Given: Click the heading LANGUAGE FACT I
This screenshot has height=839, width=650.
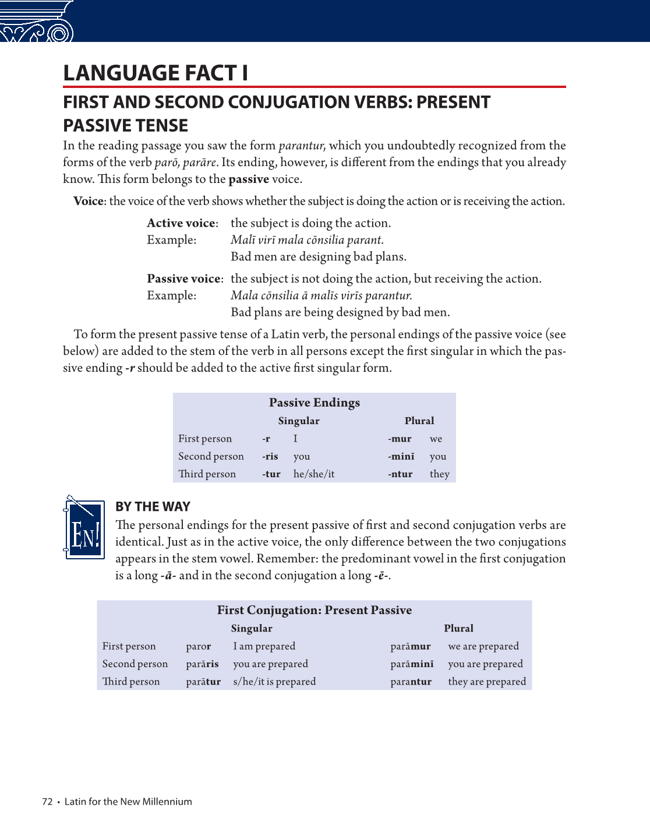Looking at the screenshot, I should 156,73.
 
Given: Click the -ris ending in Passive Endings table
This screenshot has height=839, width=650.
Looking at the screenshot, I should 270,457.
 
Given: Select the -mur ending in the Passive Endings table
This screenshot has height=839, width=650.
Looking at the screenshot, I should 400,439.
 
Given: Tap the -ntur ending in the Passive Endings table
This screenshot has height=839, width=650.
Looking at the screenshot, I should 400,474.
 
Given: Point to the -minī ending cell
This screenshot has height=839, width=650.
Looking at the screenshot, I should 401,457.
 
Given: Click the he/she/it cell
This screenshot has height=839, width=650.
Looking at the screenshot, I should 314,474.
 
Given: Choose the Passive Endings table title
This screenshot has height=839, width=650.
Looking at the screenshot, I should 314,403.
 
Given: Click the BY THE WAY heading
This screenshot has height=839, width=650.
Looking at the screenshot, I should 153,507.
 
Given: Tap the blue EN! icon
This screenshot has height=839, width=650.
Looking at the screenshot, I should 84,528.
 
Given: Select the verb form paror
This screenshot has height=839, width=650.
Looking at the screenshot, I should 199,646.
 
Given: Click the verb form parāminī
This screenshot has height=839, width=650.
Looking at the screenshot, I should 412,664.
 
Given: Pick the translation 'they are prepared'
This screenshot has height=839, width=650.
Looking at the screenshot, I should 487,682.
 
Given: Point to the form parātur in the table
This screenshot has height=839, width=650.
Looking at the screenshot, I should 203,682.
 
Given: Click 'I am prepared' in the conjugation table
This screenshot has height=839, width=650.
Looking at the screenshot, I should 264,646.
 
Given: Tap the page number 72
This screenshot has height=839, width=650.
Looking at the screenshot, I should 47,802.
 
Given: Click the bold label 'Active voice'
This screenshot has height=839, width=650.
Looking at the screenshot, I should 182,223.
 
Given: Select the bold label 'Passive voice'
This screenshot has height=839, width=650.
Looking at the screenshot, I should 185,279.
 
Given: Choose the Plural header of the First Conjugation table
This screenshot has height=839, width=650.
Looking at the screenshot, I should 458,629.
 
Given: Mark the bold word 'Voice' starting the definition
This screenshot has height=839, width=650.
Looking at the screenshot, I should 89,202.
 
